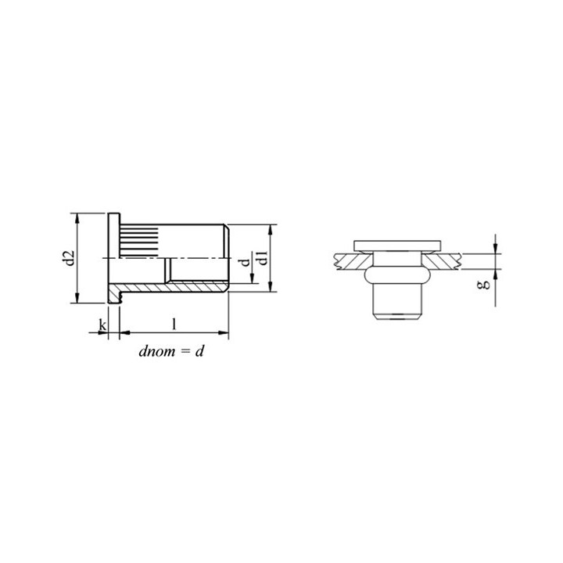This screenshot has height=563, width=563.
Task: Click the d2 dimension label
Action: (69, 258)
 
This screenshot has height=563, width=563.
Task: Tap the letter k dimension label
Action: (102, 325)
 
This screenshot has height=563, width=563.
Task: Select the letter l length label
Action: (174, 325)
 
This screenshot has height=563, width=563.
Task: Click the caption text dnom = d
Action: (171, 351)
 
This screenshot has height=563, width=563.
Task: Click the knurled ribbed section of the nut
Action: (139, 241)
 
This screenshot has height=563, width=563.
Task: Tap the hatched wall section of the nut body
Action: (169, 287)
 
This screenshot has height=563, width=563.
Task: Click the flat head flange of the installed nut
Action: (397, 246)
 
